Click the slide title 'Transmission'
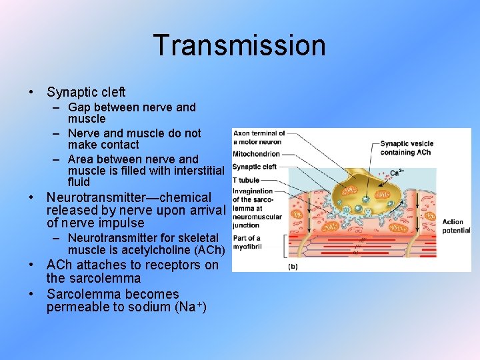[239, 45]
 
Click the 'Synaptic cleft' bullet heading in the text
[86, 93]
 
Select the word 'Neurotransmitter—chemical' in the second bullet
[129, 198]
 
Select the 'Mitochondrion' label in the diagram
[256, 154]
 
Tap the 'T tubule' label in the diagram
[246, 180]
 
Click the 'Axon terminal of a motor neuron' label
[259, 137]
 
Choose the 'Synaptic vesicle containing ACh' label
[406, 147]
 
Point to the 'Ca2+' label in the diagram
[397, 171]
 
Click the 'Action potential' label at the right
[456, 226]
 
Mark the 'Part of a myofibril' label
[247, 242]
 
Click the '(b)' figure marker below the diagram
[293, 266]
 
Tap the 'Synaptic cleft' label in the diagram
[254, 167]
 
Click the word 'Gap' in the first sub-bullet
[79, 107]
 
